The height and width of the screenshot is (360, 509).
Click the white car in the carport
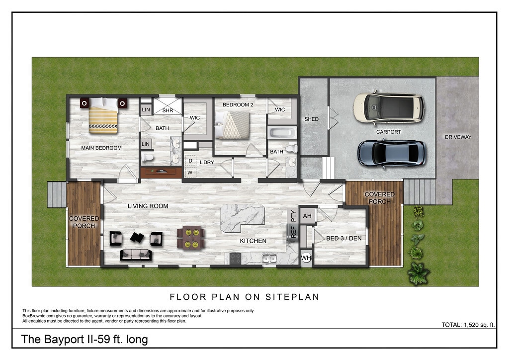(x=388, y=108)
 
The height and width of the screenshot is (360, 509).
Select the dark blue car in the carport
(x=391, y=153)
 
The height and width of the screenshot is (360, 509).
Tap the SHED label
(x=311, y=119)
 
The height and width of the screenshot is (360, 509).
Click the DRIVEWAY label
(x=458, y=137)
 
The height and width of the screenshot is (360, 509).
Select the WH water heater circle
(x=306, y=258)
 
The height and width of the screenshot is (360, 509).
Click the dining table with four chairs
(x=191, y=237)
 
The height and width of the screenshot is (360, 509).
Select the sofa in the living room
(x=135, y=254)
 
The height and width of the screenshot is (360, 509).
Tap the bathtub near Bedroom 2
(x=282, y=133)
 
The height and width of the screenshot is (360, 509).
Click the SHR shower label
(x=168, y=110)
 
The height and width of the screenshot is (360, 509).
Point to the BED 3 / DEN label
(x=343, y=239)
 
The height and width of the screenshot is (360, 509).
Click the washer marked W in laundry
(x=190, y=173)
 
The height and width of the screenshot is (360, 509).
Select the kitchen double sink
(x=269, y=258)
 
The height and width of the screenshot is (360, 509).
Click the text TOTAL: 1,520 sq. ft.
(x=468, y=325)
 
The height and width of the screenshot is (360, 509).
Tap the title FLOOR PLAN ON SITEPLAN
(x=244, y=297)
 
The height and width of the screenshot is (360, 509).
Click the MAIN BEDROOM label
(x=101, y=148)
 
